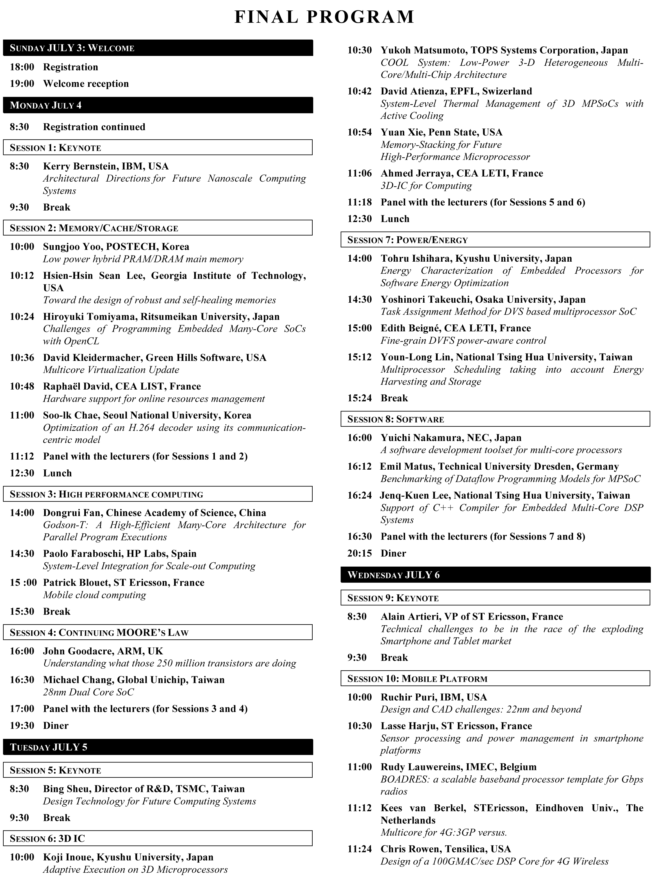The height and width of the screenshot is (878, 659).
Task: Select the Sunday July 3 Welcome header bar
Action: tap(158, 48)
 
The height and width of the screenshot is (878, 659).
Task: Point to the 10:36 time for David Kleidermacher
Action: tap(22, 357)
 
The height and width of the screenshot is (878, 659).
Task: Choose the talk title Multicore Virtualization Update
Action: tap(111, 370)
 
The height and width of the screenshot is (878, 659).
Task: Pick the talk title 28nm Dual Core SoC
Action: tap(88, 692)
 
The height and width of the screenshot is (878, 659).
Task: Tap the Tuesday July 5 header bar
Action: tap(158, 747)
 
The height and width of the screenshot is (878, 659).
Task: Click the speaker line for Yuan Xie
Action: tap(441, 132)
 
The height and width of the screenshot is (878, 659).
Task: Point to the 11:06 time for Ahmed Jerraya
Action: tap(360, 173)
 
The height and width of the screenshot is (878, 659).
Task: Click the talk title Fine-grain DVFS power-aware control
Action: tap(463, 341)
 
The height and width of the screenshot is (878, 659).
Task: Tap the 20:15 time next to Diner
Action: tap(360, 553)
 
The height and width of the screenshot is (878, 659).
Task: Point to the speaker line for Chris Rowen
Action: tap(446, 849)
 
